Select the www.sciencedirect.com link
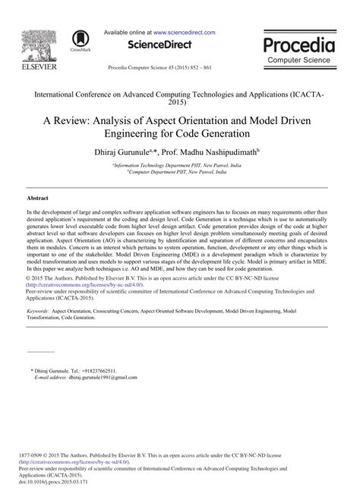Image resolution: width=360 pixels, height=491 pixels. tap(185, 33)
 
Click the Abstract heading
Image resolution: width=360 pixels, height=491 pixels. tap(37, 197)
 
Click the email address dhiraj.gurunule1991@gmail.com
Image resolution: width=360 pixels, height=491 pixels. tap(103, 377)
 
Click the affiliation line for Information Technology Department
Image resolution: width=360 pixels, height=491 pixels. tap(180, 164)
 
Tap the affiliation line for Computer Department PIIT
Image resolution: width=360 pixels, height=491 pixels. tap(180, 171)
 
